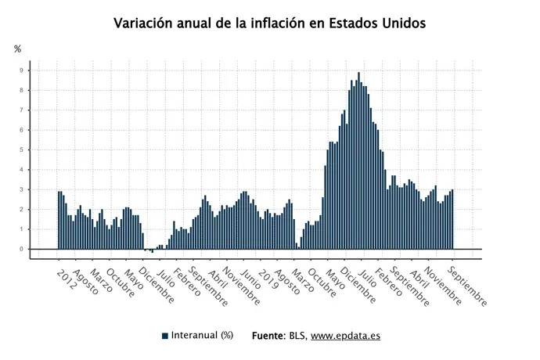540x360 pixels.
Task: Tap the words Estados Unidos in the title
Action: tap(378, 23)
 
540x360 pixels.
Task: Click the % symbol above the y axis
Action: tap(18, 49)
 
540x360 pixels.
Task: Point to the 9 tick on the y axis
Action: tap(23, 70)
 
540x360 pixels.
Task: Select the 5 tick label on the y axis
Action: tap(23, 149)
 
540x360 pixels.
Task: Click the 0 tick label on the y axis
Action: tap(23, 249)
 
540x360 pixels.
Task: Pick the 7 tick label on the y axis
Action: tap(23, 110)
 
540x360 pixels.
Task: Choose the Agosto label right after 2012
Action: tap(84, 283)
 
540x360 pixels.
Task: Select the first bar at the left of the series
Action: tap(59, 220)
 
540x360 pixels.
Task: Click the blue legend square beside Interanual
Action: tap(165, 336)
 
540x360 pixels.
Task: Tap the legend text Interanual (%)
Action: tap(203, 336)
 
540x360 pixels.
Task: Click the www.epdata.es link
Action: tap(345, 336)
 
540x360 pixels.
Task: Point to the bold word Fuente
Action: tap(268, 336)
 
